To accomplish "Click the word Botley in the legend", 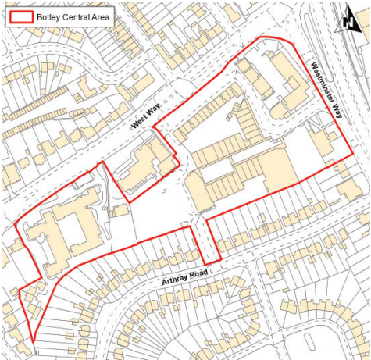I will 50,16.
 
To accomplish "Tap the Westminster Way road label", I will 326,90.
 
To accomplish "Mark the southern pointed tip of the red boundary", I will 34,340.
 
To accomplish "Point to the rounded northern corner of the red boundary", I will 273,37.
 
